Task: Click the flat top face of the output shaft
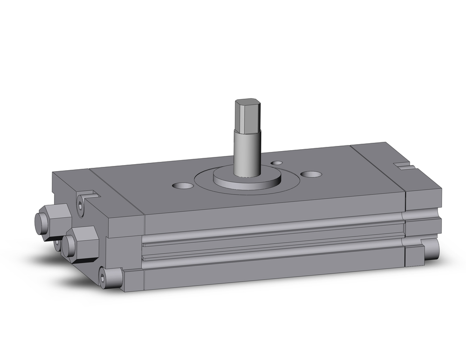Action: tap(247, 102)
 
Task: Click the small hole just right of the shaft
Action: tap(277, 163)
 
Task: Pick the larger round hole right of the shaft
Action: tap(311, 174)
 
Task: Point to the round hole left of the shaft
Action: tap(183, 186)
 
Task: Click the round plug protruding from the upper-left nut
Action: tap(41, 221)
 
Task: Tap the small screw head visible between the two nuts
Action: tap(58, 243)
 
